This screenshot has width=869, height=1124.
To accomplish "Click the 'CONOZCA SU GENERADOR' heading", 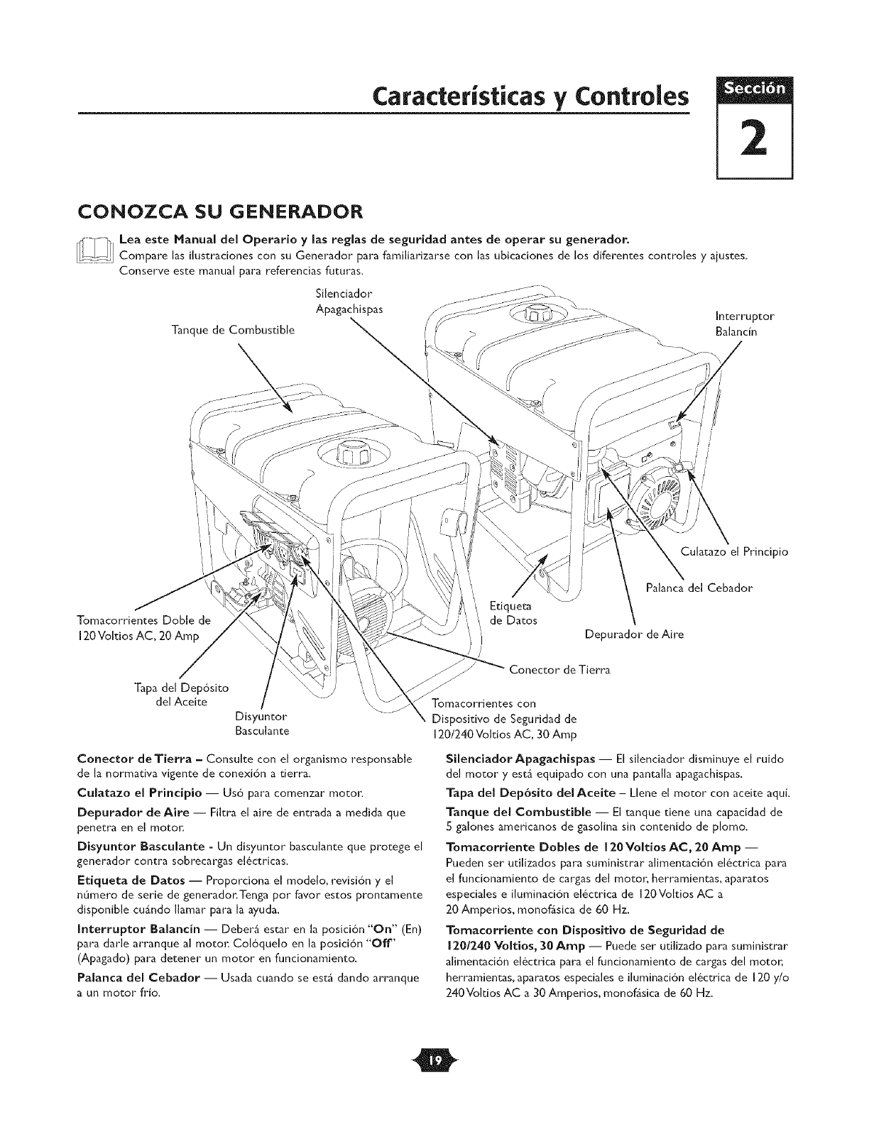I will click(221, 212).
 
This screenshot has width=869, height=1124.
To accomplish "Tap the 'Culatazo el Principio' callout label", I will click(734, 552).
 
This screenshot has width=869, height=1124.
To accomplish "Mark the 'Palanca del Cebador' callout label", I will click(699, 588).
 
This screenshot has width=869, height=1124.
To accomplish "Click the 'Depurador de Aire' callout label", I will click(634, 634).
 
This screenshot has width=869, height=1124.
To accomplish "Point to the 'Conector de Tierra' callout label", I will click(560, 669).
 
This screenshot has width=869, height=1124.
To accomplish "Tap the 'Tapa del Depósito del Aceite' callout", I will click(180, 695).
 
